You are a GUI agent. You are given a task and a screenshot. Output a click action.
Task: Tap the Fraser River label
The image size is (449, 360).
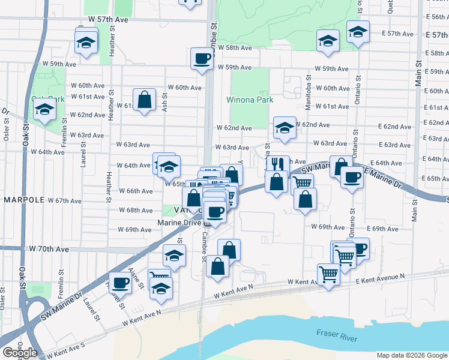(x=337, y=334)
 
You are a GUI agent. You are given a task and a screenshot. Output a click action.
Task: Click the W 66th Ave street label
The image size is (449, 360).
(x=136, y=191)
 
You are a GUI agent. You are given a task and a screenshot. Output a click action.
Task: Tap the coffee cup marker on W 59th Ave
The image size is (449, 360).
(x=202, y=59)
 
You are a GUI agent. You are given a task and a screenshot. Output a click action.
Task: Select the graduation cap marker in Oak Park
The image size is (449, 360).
(x=44, y=109)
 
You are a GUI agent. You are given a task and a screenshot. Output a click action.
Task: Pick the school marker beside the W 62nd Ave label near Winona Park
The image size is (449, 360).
(x=285, y=127)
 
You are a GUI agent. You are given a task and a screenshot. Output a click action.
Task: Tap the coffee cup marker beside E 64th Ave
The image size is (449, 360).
(x=351, y=176)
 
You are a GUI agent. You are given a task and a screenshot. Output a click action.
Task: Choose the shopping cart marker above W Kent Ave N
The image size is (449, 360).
(x=329, y=274)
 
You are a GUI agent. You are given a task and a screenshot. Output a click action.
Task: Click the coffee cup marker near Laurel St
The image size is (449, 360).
(x=120, y=282)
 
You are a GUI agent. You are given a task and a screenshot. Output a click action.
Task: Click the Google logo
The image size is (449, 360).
(x=20, y=353)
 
